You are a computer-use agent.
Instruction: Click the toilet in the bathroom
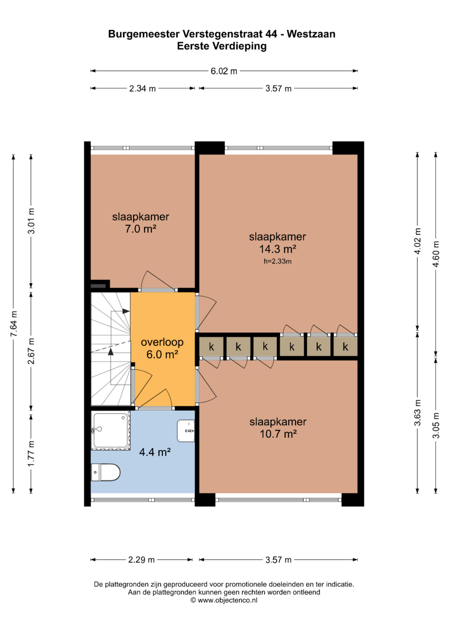point(106,472)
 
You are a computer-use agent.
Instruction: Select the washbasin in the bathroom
point(186,431)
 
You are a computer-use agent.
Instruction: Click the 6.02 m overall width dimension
point(224,71)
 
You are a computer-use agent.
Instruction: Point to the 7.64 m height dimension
point(14,324)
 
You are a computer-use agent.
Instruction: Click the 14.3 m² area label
point(278,249)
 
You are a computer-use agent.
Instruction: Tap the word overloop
point(162,342)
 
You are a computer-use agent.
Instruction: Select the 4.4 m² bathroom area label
point(155,452)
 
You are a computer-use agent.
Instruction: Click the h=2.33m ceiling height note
point(278,261)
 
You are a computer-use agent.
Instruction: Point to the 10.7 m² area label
point(278,434)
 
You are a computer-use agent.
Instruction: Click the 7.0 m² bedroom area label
point(141,229)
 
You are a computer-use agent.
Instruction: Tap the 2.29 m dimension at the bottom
point(141,560)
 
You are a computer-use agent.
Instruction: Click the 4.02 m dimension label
point(417,241)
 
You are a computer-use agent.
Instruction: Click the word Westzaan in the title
point(311,34)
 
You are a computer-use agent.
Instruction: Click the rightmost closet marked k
point(345,346)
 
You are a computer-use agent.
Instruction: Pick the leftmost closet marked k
point(212,346)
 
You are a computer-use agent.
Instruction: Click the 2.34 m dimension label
point(143,88)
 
